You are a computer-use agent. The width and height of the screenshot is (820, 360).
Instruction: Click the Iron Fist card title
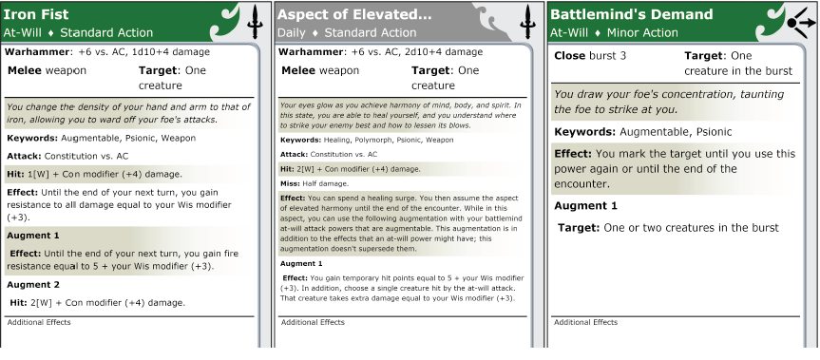pos(36,14)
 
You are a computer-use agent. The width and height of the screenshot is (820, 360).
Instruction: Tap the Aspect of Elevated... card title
pos(354,14)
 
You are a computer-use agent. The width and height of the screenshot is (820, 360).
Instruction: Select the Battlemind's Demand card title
pos(631,14)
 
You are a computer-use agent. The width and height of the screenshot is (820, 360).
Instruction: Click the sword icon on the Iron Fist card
pos(255,22)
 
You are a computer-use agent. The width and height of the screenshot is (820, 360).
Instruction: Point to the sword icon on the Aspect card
pos(527,22)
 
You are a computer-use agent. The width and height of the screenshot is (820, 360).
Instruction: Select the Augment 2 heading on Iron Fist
pos(33,285)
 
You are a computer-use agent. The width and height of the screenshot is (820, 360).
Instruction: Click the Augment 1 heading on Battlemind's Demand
pos(585,206)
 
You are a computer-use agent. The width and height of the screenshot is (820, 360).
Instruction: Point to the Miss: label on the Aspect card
pos(290,184)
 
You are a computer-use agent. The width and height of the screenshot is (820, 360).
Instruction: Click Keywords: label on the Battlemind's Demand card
pos(585,132)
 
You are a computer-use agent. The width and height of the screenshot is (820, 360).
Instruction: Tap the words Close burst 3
pos(590,56)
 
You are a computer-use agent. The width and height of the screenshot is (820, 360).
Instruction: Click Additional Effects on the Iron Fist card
pos(39,322)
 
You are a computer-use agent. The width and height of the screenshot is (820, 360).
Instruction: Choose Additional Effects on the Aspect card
pos(313,322)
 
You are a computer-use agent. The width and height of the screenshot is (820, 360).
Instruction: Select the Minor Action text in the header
pos(642,33)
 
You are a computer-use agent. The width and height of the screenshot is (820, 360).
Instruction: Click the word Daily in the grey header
pos(292,33)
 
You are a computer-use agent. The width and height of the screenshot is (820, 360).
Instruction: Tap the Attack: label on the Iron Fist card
pos(25,156)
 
